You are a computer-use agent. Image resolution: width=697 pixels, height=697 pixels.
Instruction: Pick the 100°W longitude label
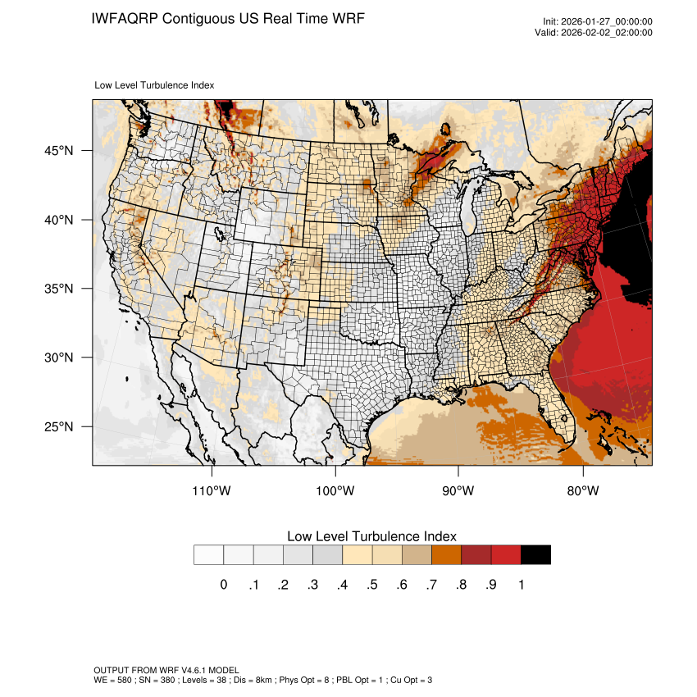(335, 491)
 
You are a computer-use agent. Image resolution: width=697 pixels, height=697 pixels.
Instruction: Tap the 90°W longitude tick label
(458, 491)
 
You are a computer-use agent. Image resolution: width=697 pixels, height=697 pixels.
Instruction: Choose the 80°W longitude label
(582, 491)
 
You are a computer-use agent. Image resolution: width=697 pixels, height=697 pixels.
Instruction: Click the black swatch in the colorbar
(535, 555)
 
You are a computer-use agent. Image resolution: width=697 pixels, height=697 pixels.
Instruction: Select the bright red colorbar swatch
(506, 555)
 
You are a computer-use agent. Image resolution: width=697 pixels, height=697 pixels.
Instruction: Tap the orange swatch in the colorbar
(447, 555)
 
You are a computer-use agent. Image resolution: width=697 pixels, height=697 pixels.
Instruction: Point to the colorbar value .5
(372, 585)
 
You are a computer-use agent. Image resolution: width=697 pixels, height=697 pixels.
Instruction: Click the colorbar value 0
(224, 585)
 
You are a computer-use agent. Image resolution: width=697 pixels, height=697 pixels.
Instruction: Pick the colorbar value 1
(521, 585)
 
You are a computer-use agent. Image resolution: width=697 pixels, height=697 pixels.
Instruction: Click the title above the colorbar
(371, 536)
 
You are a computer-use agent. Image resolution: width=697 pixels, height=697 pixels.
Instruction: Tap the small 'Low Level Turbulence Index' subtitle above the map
(154, 84)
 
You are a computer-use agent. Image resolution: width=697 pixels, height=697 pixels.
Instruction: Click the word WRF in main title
(345, 18)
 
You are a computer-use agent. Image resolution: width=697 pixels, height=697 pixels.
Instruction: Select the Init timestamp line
(598, 21)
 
